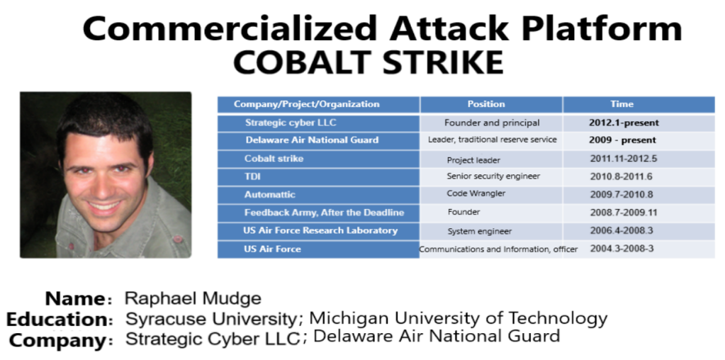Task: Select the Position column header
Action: (x=486, y=104)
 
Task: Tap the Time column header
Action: (x=622, y=104)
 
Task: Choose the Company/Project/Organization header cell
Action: (x=307, y=104)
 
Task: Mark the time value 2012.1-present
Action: (x=624, y=123)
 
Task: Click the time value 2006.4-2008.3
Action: (x=622, y=230)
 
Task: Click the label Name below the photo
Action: (x=75, y=298)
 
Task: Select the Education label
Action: (x=57, y=320)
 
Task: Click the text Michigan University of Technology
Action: (x=459, y=318)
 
